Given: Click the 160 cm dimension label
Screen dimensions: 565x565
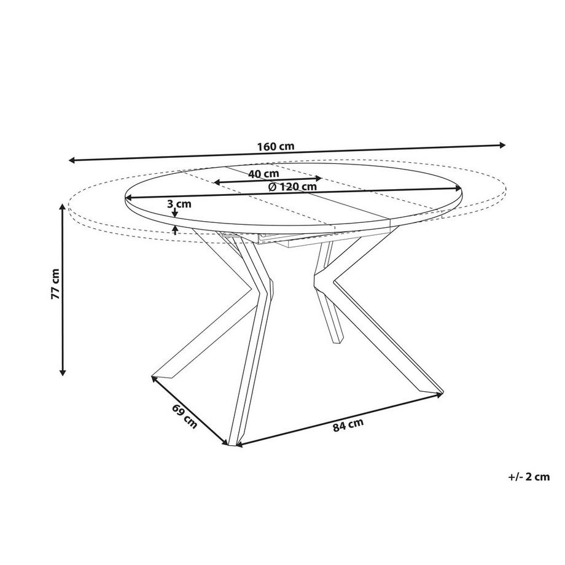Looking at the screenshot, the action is [x=276, y=147].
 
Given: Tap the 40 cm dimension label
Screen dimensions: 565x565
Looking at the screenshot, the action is [x=263, y=174].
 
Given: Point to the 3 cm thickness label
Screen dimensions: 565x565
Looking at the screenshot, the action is [x=179, y=204].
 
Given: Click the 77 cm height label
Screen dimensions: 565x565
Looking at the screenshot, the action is [x=55, y=284].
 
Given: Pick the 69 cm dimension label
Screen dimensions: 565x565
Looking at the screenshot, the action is [x=185, y=417].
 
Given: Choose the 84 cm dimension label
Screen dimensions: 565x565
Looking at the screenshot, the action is [x=348, y=425].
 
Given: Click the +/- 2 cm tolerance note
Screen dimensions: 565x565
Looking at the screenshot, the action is [x=529, y=477].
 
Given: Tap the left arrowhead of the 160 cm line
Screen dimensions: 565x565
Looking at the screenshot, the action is [x=72, y=160].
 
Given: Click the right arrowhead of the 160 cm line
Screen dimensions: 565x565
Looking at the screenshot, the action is [x=502, y=145].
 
